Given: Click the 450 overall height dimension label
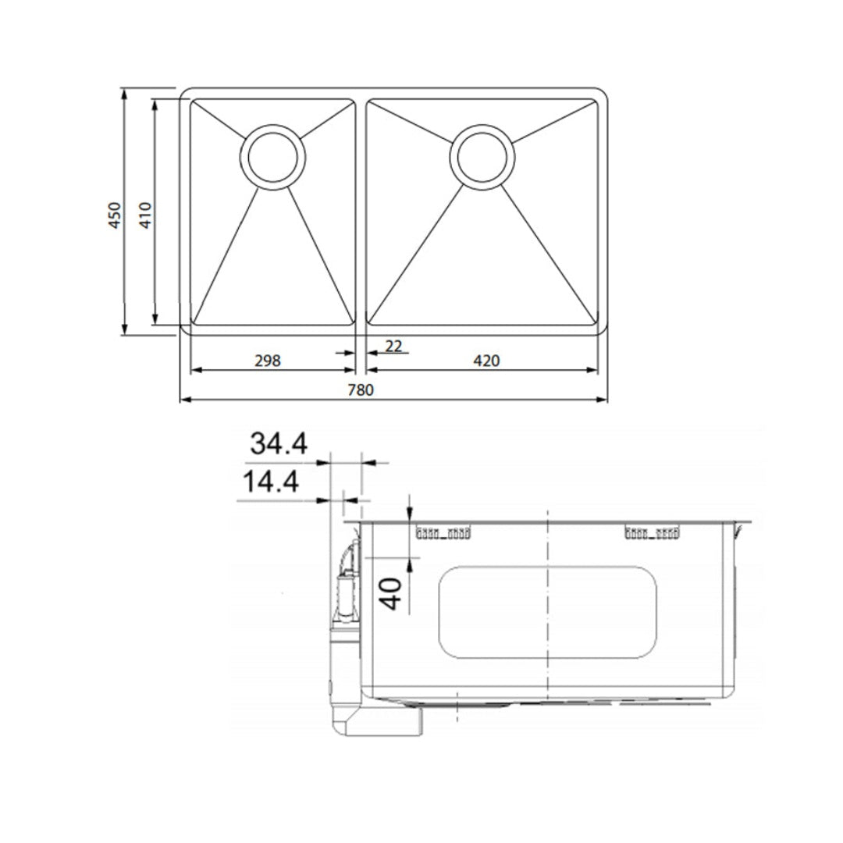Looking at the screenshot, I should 115,215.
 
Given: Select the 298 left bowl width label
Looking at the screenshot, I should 267,360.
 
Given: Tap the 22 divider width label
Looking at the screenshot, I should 394,345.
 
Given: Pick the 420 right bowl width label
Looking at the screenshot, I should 486,360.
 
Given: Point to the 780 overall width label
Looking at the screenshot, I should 365,389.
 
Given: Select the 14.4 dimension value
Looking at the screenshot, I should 269,482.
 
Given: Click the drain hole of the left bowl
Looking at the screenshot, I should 272,156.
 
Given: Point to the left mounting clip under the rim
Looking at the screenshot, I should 443,534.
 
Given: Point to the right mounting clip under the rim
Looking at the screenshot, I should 652,534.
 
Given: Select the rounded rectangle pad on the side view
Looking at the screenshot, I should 546,611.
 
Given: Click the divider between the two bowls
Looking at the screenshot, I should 361,212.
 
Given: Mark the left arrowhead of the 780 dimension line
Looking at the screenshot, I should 184,400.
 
